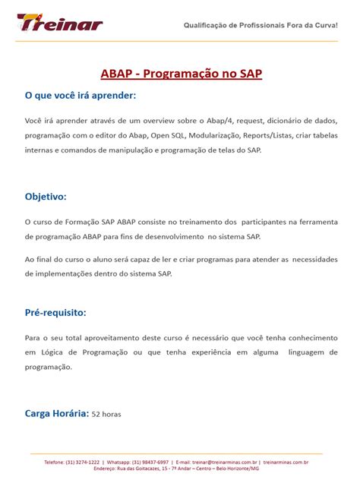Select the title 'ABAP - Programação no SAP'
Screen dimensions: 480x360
(180, 74)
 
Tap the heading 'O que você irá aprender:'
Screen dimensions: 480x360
(81, 96)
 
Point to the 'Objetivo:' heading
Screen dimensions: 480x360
(46, 197)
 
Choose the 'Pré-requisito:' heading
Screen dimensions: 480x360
(55, 312)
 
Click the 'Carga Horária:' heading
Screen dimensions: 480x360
(57, 413)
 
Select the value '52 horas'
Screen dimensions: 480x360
(106, 415)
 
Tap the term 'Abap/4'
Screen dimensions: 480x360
(222, 121)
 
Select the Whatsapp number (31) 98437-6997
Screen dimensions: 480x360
(150, 462)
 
